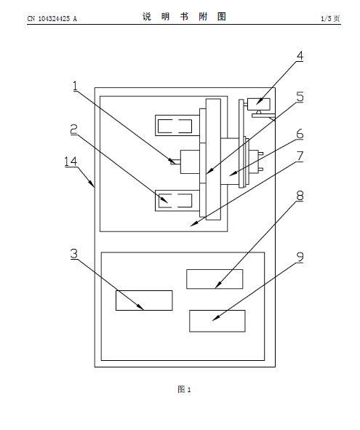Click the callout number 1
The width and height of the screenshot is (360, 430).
[75, 86]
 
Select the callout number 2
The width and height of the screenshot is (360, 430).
[73, 130]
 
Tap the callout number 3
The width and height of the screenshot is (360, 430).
[74, 254]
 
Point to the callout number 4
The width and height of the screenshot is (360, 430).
[300, 56]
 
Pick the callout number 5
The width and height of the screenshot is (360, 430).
[300, 97]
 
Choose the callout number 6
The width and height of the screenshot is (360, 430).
[300, 134]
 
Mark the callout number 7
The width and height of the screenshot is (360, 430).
[300, 156]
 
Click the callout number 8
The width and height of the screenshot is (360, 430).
[300, 196]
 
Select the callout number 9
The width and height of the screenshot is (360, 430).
[300, 258]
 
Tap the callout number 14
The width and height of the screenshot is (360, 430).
[71, 162]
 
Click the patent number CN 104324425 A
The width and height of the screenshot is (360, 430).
[52, 19]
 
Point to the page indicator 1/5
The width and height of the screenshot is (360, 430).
[327, 19]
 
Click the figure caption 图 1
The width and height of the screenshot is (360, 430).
[184, 389]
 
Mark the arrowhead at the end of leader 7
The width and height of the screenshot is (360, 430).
[193, 224]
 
